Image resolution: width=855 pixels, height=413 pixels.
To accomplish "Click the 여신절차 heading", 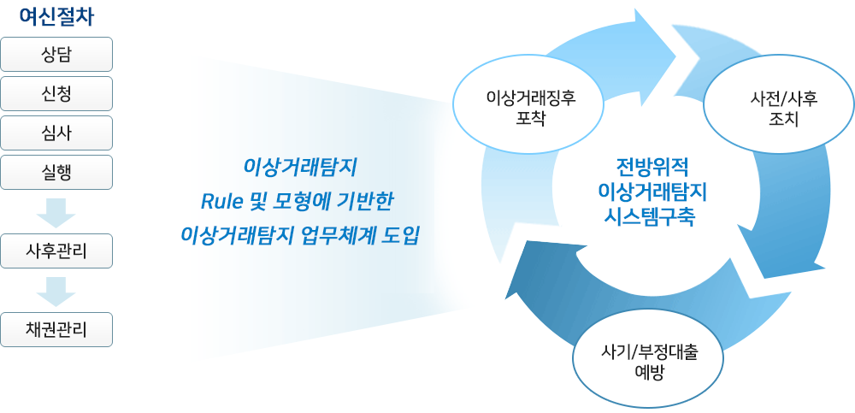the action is click(56, 17).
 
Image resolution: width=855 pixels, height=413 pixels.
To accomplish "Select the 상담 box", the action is click(56, 54).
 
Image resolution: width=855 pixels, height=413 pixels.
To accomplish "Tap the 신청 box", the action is click(56, 93).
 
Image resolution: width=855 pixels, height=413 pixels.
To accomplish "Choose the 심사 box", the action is click(56, 133).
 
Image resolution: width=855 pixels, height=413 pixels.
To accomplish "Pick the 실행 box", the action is click(56, 172).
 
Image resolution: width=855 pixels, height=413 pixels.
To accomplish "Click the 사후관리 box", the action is click(56, 251).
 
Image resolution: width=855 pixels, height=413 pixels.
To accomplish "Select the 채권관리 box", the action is click(56, 329).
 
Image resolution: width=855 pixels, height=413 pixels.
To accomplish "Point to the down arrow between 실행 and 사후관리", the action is click(56, 212).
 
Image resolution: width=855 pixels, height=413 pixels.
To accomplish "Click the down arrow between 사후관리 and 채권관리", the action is click(56, 292).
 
